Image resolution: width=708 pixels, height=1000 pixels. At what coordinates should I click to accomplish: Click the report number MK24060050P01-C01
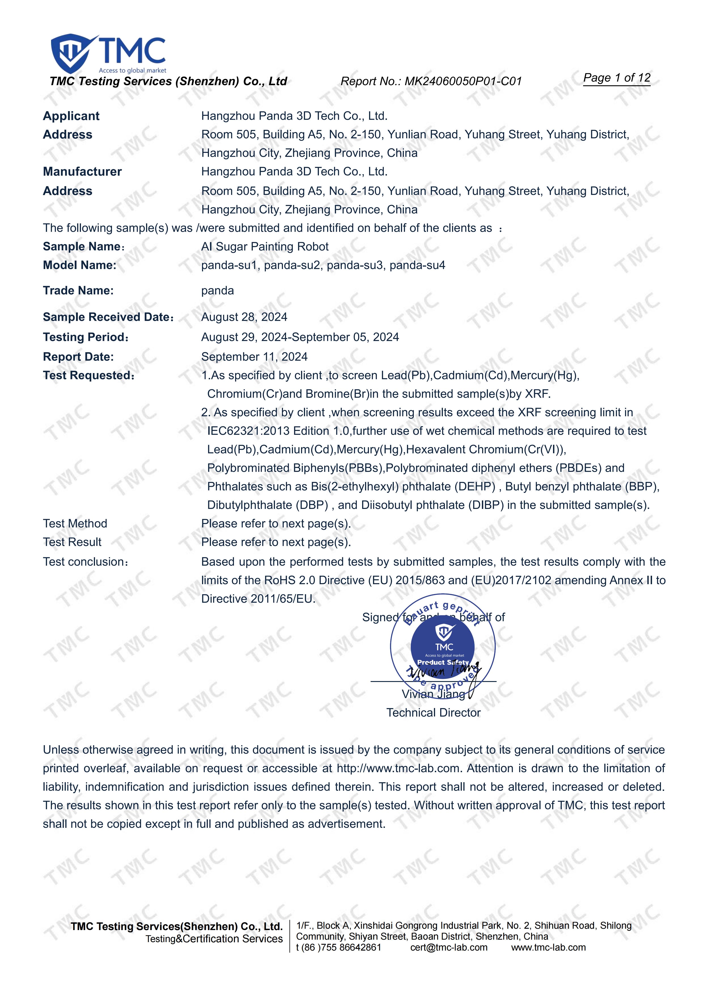click(x=463, y=82)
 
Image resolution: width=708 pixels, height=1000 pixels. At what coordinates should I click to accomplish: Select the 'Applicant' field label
click(x=71, y=116)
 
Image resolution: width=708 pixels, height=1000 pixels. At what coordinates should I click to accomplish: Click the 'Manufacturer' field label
click(x=82, y=171)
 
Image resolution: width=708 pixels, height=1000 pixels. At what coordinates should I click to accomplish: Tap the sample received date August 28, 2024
click(x=244, y=317)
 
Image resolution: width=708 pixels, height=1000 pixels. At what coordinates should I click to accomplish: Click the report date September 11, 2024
click(x=254, y=357)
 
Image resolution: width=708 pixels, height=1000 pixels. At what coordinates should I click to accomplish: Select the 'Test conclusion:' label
click(x=85, y=562)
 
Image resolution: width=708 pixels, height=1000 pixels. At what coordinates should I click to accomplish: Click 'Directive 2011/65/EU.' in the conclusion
click(x=258, y=599)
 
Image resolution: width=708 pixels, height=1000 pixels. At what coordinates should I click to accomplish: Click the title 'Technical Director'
click(x=433, y=712)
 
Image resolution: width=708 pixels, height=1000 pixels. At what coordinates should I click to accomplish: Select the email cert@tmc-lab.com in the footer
click(x=449, y=947)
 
